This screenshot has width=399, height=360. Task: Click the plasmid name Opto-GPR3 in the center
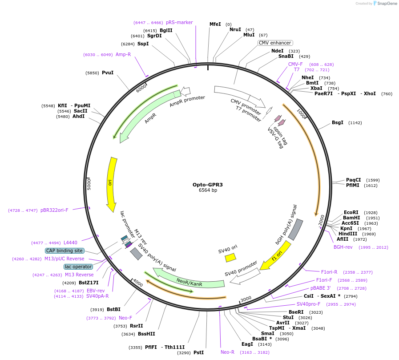coord(208,184)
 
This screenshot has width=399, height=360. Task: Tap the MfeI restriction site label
coord(215,24)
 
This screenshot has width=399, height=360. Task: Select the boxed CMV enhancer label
coord(275,43)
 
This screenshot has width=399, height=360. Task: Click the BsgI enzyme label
coord(338,122)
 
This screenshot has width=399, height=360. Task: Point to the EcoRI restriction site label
coord(351,212)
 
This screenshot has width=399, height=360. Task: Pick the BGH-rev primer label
coord(343,247)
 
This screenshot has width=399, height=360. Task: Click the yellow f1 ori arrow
coord(276,256)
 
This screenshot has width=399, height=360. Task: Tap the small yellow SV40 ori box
coord(230,257)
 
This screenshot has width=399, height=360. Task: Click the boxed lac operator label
coord(78,267)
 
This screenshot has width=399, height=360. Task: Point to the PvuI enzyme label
coord(108,73)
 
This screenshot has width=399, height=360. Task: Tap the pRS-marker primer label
coord(179,22)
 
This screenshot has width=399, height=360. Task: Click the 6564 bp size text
coord(208,190)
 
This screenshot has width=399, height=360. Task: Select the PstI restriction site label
coord(198,352)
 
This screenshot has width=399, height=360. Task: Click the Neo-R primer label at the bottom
coord(227,352)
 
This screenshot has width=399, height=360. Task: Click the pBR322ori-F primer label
coord(54,210)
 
